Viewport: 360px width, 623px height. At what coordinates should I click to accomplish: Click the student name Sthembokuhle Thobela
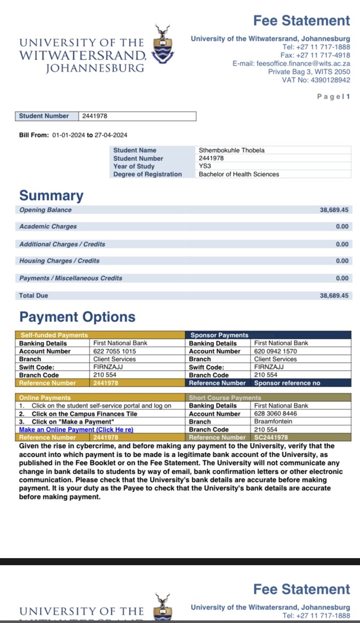pyautogui.click(x=232, y=150)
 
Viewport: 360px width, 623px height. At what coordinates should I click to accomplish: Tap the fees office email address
pyautogui.click(x=303, y=63)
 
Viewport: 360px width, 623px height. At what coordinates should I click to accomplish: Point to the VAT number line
pyautogui.click(x=316, y=80)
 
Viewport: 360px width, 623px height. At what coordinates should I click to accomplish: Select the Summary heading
pyautogui.click(x=51, y=196)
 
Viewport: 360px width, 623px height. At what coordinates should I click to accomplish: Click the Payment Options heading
pyautogui.click(x=77, y=317)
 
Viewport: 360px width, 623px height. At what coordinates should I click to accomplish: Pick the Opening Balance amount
pyautogui.click(x=334, y=210)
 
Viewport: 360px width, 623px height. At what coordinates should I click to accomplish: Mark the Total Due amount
pyautogui.click(x=334, y=295)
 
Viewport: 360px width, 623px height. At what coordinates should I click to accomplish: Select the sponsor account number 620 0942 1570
pyautogui.click(x=276, y=351)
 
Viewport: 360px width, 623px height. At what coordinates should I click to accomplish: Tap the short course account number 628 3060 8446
pyautogui.click(x=276, y=414)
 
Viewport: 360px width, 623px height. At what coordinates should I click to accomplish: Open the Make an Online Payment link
pyautogui.click(x=76, y=430)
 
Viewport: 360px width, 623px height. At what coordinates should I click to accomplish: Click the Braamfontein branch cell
pyautogui.click(x=273, y=422)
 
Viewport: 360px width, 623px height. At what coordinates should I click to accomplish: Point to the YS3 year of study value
pyautogui.click(x=205, y=166)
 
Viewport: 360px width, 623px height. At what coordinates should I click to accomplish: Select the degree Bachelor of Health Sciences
pyautogui.click(x=238, y=174)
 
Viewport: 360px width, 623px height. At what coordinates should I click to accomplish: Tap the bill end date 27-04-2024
pyautogui.click(x=111, y=135)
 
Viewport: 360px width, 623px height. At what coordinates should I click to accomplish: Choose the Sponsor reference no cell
pyautogui.click(x=287, y=383)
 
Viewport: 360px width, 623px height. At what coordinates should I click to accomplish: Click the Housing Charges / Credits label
pyautogui.click(x=59, y=261)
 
